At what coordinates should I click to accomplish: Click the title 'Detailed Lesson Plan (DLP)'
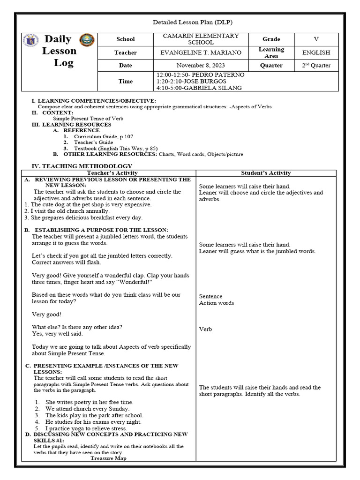[x=193, y=22]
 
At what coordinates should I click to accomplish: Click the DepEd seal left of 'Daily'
[x=30, y=41]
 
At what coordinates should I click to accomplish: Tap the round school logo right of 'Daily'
[x=87, y=40]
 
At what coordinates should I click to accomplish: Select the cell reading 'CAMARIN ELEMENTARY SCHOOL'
[x=201, y=39]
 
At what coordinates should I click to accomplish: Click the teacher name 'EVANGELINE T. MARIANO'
[x=201, y=53]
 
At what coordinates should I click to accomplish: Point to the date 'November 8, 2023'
[x=201, y=66]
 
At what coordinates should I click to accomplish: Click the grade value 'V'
[x=316, y=39]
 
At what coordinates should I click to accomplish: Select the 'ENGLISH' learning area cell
[x=316, y=53]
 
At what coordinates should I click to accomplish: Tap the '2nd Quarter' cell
[x=316, y=66]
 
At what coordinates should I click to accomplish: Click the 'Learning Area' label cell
[x=271, y=52]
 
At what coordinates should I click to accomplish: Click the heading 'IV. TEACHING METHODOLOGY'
[x=82, y=166]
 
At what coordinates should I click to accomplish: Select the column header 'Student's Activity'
[x=266, y=173]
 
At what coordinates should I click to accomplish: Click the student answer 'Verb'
[x=205, y=329]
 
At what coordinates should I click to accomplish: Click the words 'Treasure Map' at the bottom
[x=108, y=458]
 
